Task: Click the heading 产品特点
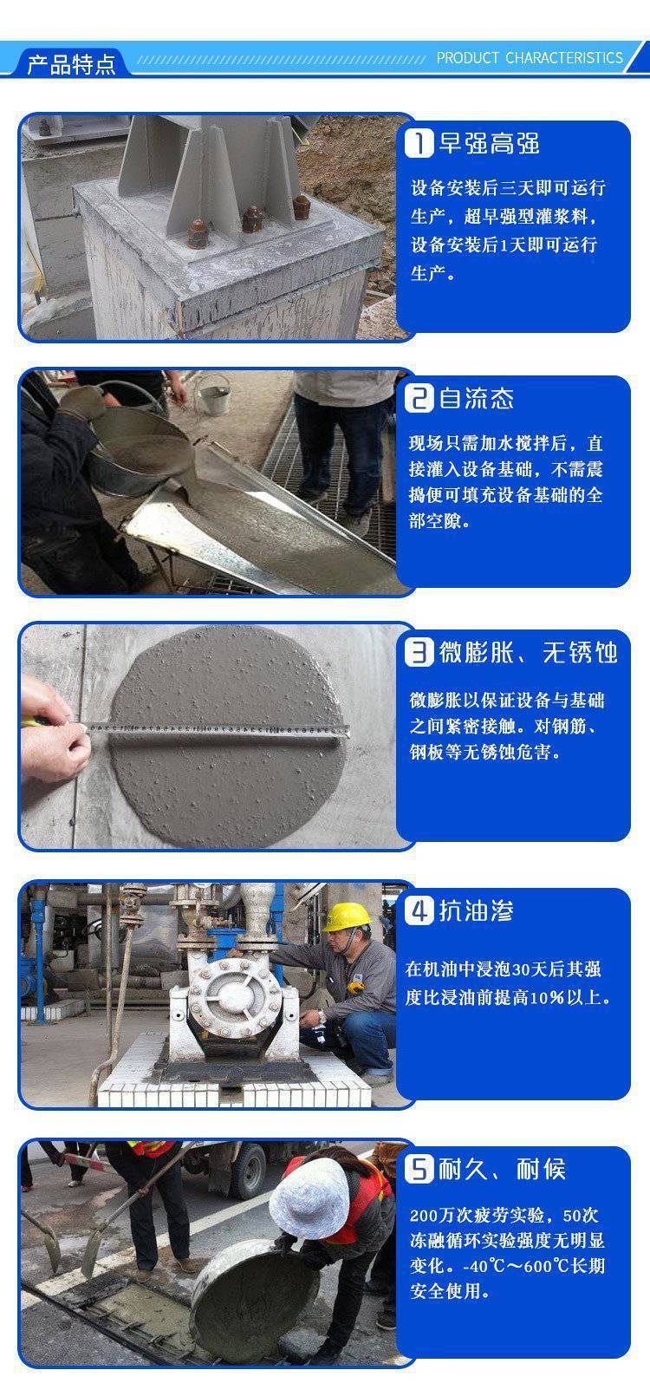click(71, 63)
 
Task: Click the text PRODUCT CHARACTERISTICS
click(529, 58)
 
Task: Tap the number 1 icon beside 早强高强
click(419, 143)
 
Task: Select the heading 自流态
click(477, 398)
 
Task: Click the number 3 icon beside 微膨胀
click(419, 653)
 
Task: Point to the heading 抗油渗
click(477, 910)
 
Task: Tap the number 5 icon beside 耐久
click(419, 1168)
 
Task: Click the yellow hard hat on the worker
click(347, 917)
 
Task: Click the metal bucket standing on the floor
click(213, 396)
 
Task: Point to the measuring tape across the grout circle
click(215, 728)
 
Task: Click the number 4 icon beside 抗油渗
click(419, 910)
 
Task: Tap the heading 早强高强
click(489, 143)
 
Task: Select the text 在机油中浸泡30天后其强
click(504, 969)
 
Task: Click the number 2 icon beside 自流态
click(419, 398)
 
